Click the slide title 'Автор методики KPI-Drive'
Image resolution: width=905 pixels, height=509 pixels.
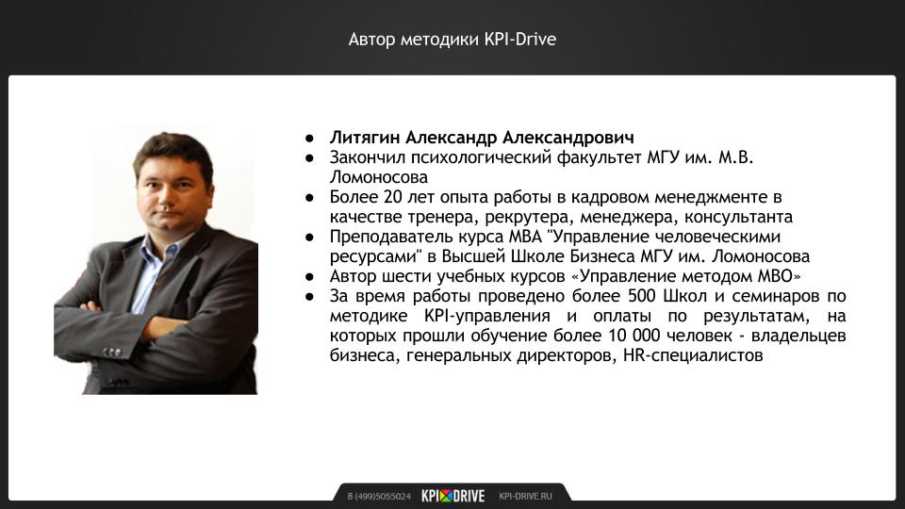[452, 40]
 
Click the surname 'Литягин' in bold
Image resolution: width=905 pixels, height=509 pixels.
[365, 138]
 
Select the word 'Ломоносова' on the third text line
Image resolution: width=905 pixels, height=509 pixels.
[379, 177]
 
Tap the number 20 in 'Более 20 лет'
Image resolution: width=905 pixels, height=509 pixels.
[392, 197]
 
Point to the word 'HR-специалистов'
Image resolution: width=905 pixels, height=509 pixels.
[693, 355]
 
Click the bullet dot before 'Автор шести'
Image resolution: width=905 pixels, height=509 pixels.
[310, 277]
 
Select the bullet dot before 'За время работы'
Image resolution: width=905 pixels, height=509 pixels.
[310, 297]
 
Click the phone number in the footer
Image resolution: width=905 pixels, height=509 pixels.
[379, 497]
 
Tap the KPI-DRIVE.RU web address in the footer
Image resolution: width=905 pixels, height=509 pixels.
[525, 497]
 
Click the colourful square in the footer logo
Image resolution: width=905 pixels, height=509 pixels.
[446, 496]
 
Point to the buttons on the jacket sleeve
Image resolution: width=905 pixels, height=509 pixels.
[112, 352]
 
